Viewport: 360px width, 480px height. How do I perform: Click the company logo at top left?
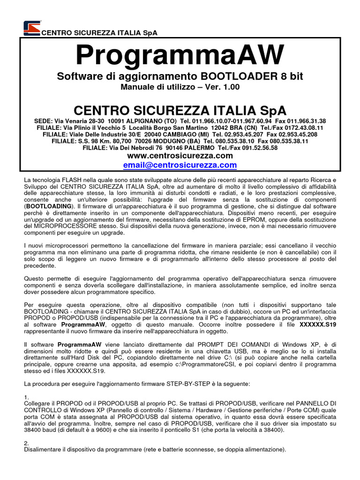tap(32, 28)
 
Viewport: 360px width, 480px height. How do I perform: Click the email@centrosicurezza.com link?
tap(180, 165)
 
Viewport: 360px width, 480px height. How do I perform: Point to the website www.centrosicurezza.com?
tap(180, 155)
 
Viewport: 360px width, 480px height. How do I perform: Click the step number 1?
tap(26, 397)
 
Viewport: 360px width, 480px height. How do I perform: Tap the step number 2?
tap(26, 442)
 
